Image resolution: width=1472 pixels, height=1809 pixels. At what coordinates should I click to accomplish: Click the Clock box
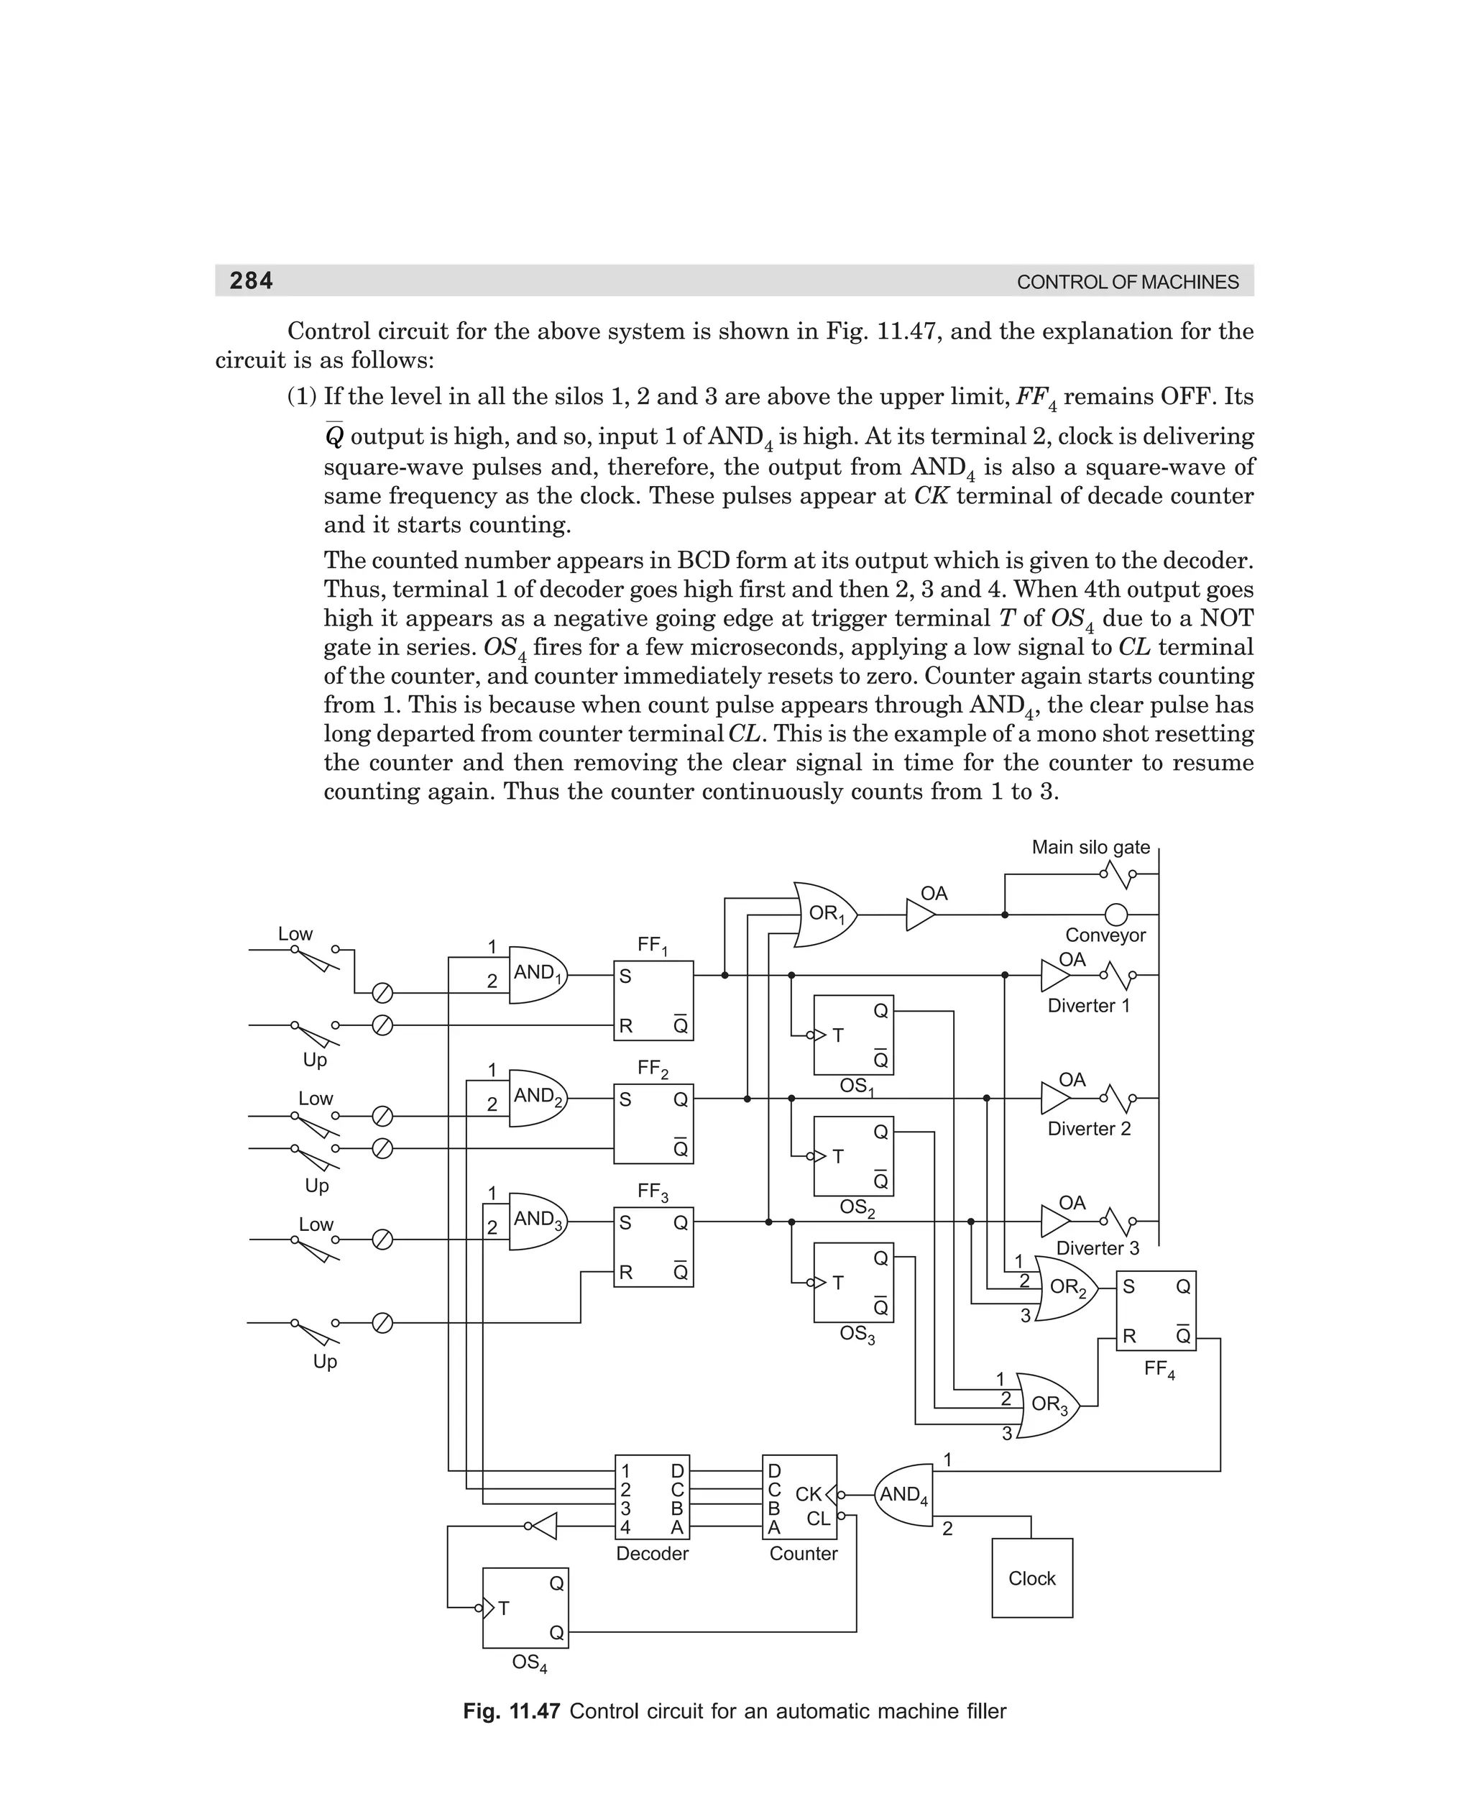click(x=1032, y=1577)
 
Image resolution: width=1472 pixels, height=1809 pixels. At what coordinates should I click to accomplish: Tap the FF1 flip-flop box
click(x=653, y=1000)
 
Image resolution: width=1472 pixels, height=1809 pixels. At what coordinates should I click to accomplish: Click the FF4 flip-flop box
click(x=1156, y=1311)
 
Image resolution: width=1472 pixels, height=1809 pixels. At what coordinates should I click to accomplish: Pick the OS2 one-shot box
click(x=853, y=1156)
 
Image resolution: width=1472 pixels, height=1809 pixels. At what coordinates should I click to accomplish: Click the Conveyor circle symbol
click(x=1117, y=915)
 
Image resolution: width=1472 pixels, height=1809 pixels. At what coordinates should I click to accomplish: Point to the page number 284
click(x=251, y=280)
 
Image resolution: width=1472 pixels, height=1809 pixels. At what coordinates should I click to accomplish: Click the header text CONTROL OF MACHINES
click(x=1127, y=283)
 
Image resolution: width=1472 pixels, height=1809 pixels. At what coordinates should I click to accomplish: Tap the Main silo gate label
click(x=1090, y=846)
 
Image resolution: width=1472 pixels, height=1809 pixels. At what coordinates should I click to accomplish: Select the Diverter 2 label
click(x=1089, y=1128)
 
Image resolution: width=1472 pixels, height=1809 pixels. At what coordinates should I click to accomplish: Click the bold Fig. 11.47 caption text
click(x=511, y=1710)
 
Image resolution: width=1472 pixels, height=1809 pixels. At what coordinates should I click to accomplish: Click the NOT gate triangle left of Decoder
click(x=543, y=1526)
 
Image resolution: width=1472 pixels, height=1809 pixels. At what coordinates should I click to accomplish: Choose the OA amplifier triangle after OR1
click(x=920, y=915)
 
